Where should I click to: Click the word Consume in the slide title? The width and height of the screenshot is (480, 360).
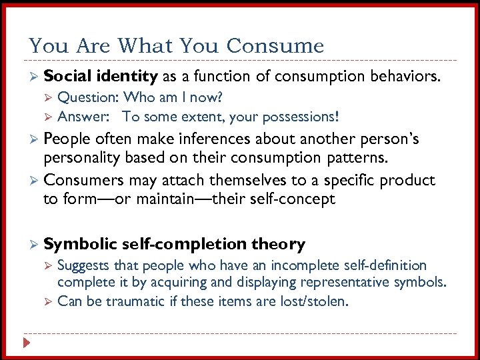(x=275, y=46)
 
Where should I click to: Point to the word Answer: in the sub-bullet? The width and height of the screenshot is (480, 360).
(x=83, y=117)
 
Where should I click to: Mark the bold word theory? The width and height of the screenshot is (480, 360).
(x=278, y=244)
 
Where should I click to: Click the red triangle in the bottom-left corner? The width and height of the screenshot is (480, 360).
(x=27, y=343)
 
